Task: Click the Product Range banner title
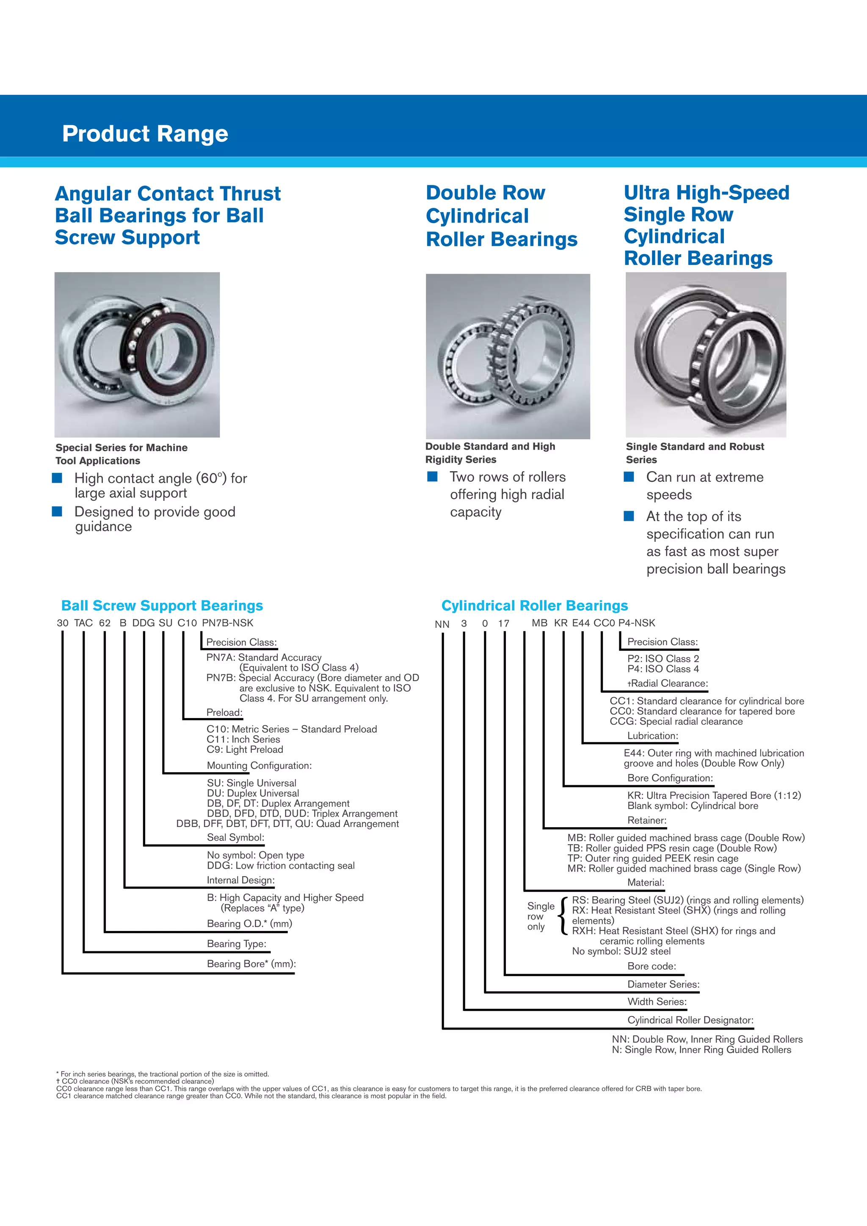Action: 145,133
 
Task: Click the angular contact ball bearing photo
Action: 137,355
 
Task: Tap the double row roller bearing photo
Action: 508,356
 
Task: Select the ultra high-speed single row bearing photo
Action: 705,355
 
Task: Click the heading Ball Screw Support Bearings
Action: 162,605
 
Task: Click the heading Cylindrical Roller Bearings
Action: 534,605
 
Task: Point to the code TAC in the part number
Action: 83,623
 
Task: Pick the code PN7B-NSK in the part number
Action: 227,623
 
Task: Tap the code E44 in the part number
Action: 581,623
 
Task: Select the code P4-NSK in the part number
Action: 636,623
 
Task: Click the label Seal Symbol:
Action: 235,837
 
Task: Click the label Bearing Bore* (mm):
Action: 251,964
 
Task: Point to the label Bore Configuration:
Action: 670,778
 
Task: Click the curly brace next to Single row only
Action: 563,916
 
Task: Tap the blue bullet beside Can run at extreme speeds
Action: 629,476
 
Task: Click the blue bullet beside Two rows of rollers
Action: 432,476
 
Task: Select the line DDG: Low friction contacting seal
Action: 281,866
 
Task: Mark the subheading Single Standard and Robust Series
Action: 695,453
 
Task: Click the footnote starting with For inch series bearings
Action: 163,1074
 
